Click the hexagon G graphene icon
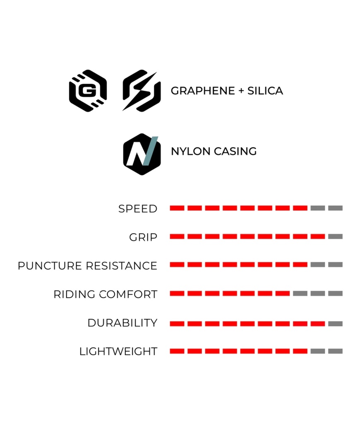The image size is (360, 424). coord(88,91)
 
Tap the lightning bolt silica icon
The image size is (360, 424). coord(141,91)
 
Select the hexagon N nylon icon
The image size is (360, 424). coord(142,154)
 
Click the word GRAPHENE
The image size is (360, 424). coord(203,91)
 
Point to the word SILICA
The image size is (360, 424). coord(265,91)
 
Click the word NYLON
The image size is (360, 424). coord(191,152)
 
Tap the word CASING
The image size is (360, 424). coord(235,152)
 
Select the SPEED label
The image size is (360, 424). coord(138,209)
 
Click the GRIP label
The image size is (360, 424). coord(143,237)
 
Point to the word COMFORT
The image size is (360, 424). coord(128,294)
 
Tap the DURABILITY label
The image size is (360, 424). coord(122,323)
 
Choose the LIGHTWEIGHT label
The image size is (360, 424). coord(118,352)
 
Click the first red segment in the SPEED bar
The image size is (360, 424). coord(177,208)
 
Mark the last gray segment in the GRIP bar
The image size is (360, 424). coord(336,236)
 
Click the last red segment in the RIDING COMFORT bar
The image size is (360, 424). coord(283,294)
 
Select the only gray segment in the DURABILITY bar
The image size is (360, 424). coord(336,324)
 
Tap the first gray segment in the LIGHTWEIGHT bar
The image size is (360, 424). coord(318,351)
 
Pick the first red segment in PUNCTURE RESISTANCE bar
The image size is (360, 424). coord(177,265)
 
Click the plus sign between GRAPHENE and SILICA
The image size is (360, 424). coord(241,91)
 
